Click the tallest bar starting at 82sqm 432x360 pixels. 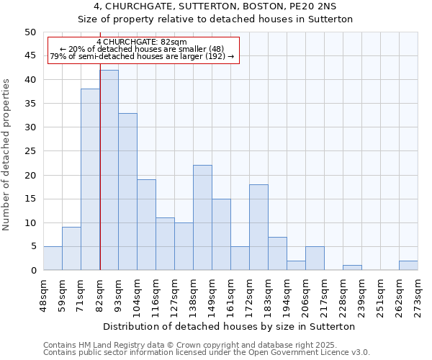(109, 170)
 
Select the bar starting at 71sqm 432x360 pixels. (90, 179)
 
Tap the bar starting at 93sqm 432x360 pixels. (128, 192)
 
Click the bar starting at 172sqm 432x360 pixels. (258, 227)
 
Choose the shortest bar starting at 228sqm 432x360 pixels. (352, 268)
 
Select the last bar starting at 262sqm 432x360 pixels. (408, 265)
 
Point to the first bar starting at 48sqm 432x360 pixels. (53, 258)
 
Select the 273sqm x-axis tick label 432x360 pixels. (418, 291)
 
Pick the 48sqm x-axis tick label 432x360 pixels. (43, 291)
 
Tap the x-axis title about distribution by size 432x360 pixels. (229, 326)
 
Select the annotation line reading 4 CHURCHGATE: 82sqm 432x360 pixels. (141, 42)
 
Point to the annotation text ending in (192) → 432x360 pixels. (142, 56)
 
